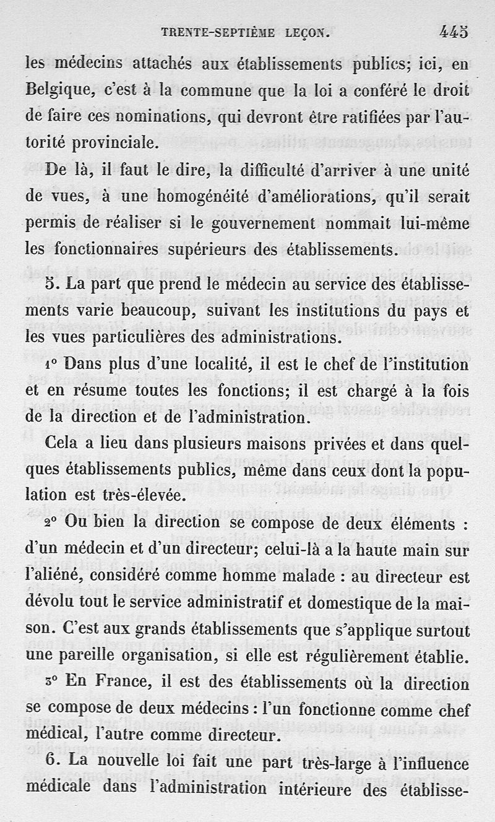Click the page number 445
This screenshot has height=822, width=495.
[454, 32]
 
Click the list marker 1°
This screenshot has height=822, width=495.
[52, 365]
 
